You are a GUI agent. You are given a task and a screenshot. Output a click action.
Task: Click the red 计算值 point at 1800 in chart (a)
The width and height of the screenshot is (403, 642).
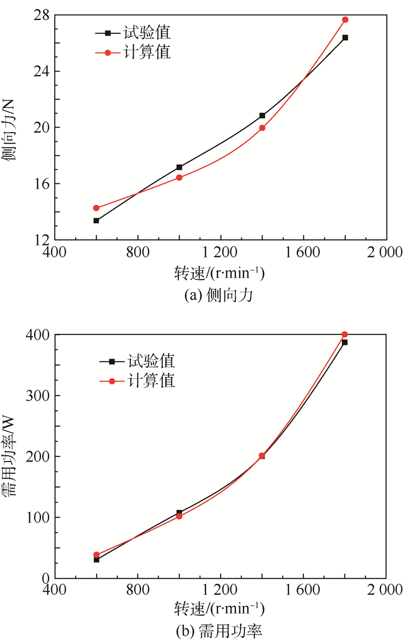pyautogui.click(x=345, y=20)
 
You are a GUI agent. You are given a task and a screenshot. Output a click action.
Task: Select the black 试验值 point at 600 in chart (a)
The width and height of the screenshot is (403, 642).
pyautogui.click(x=96, y=221)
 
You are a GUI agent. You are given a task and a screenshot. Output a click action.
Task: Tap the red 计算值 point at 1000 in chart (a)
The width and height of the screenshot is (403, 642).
pyautogui.click(x=179, y=178)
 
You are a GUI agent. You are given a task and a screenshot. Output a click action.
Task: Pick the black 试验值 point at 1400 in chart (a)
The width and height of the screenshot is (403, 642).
pyautogui.click(x=262, y=116)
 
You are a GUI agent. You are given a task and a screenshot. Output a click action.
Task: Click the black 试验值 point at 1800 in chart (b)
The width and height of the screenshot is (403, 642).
pyautogui.click(x=345, y=342)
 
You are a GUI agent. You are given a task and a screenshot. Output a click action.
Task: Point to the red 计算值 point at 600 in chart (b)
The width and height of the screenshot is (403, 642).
pyautogui.click(x=96, y=555)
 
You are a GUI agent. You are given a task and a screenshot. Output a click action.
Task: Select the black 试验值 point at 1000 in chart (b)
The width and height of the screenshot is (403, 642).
pyautogui.click(x=179, y=512)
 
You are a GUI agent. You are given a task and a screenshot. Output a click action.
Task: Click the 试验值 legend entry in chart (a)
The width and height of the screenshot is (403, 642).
pyautogui.click(x=146, y=32)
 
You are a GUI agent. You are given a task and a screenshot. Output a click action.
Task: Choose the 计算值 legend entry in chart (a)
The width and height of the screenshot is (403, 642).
pyautogui.click(x=146, y=52)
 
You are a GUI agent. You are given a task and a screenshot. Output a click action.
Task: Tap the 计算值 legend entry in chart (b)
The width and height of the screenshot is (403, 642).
pyautogui.click(x=151, y=381)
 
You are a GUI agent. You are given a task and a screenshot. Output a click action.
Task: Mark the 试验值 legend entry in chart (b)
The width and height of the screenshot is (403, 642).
pyautogui.click(x=151, y=362)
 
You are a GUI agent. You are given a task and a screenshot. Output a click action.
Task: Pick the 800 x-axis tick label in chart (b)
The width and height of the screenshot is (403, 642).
pyautogui.click(x=138, y=590)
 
